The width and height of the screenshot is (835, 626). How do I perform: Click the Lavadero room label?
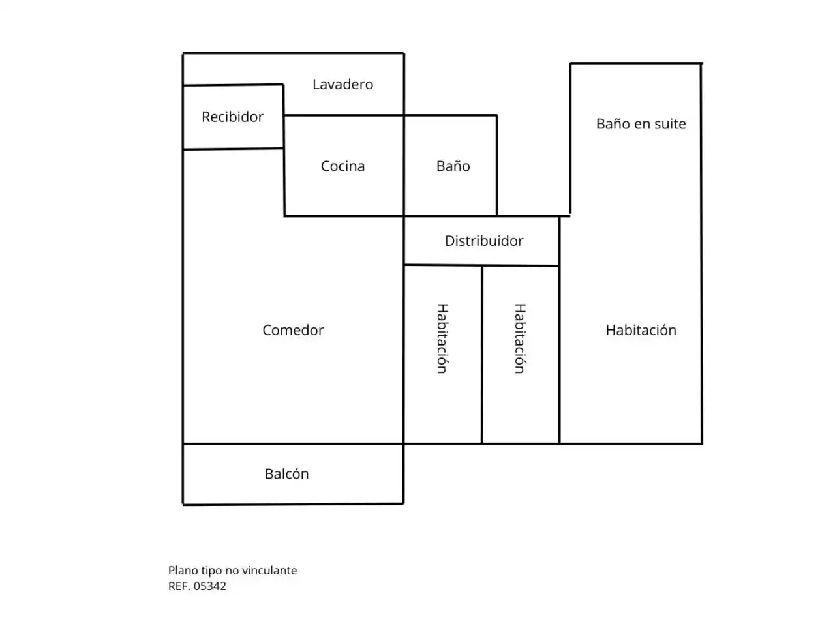[342, 84]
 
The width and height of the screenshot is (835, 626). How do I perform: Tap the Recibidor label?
[232, 117]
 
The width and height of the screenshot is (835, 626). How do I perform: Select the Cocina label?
[342, 166]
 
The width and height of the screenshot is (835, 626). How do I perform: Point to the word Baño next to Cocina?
[453, 166]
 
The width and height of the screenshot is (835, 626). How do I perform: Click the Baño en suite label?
[641, 123]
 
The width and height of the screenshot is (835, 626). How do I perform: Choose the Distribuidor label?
[484, 241]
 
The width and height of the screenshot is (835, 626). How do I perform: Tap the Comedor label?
[293, 330]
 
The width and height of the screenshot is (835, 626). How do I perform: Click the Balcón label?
[287, 473]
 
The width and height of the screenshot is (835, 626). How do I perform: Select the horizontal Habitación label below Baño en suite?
[641, 330]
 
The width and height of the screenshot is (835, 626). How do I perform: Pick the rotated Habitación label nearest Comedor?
[442, 338]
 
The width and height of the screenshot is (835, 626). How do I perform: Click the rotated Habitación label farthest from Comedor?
[520, 338]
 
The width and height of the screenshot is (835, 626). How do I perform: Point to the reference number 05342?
[209, 586]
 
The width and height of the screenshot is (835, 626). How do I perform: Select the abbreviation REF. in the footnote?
[179, 586]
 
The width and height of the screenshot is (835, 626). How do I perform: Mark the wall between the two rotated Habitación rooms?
[482, 355]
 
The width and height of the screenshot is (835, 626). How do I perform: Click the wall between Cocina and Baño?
[404, 166]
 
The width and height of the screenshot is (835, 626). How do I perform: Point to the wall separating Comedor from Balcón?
[293, 443]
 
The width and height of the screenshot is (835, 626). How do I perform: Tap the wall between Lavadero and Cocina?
[344, 115]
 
